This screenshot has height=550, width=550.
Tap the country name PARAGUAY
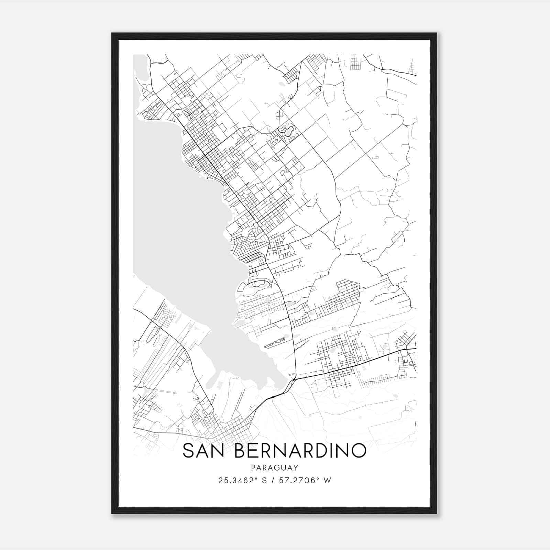pyautogui.click(x=275, y=467)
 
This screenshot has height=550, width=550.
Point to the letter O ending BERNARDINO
pyautogui.click(x=358, y=451)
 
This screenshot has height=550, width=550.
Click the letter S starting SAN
pyautogui.click(x=189, y=451)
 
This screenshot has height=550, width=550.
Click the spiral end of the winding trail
pyautogui.click(x=283, y=340)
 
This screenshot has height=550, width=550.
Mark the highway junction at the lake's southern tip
pyautogui.click(x=293, y=380)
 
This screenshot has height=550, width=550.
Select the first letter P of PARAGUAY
pyautogui.click(x=253, y=467)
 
